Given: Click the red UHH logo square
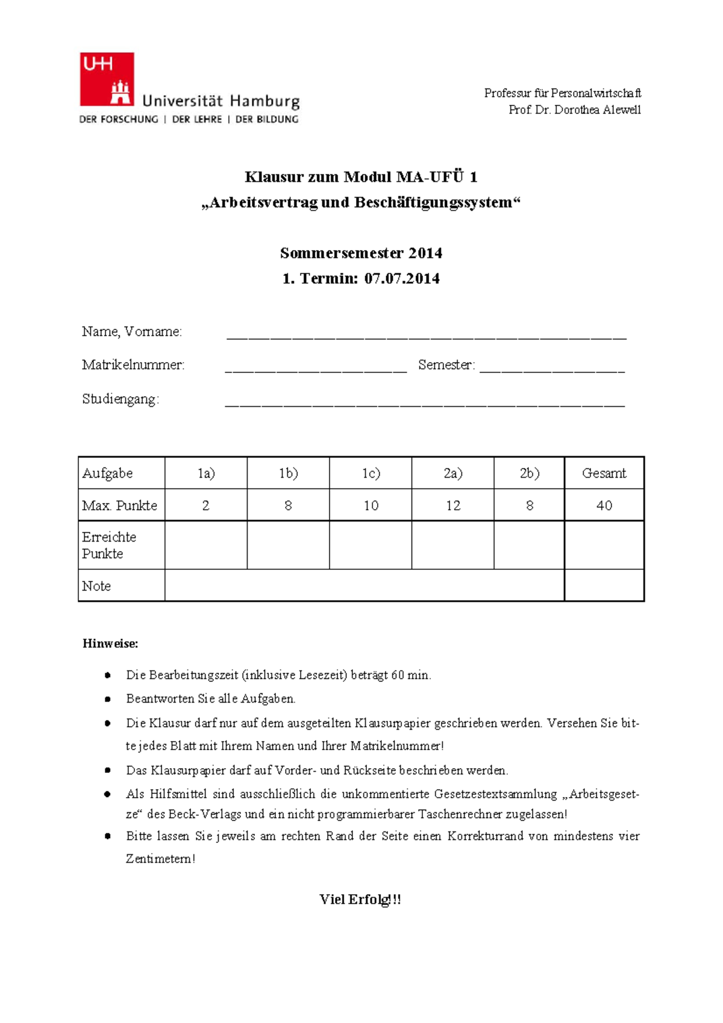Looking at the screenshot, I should click(x=107, y=79).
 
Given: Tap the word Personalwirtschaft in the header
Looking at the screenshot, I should click(x=595, y=93).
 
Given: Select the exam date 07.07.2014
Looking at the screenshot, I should click(x=402, y=278).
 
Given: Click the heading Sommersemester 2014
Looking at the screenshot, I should click(x=361, y=253).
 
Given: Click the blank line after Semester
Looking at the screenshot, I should click(x=552, y=369).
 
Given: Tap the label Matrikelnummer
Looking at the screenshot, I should click(x=133, y=365).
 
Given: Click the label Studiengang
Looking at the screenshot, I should click(x=120, y=399).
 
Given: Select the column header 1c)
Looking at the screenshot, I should click(x=371, y=474).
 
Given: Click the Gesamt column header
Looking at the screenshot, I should click(x=604, y=474).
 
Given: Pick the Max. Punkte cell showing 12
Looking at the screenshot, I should click(x=452, y=505).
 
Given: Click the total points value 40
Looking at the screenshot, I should click(x=604, y=505).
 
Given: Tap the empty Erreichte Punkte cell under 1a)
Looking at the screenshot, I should click(x=205, y=545).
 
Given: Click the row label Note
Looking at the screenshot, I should click(x=96, y=586).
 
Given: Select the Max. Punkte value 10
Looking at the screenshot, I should click(x=371, y=505).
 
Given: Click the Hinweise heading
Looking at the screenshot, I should click(x=110, y=643).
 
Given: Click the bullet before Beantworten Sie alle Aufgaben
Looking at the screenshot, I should click(x=108, y=699).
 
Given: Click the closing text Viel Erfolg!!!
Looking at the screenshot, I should click(x=360, y=899).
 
